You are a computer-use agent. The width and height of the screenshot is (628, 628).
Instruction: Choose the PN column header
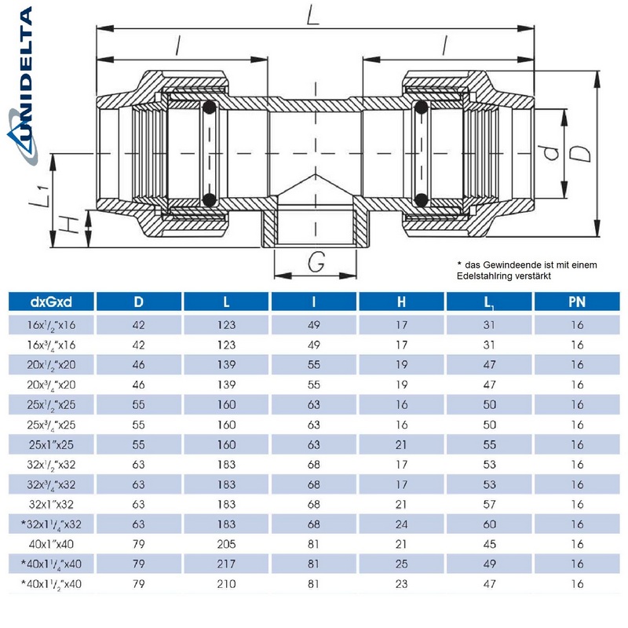(577, 301)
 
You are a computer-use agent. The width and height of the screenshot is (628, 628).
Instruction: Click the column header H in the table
(401, 301)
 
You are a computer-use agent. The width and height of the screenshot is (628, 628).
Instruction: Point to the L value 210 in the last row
(226, 583)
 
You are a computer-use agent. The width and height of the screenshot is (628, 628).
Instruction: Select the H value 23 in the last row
(401, 583)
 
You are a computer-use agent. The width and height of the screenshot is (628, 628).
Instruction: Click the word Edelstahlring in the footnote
(486, 276)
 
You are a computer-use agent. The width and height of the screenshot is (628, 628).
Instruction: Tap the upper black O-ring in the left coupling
(209, 108)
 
